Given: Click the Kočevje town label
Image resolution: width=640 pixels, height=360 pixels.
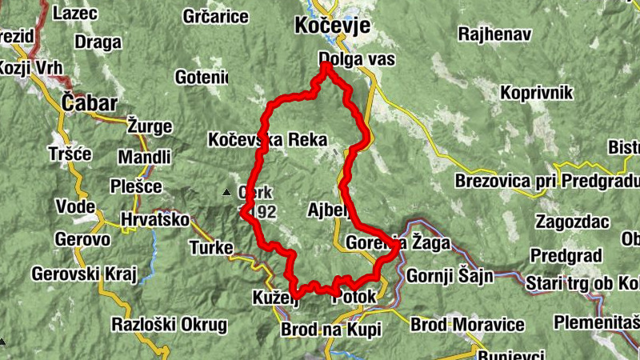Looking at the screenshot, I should click(x=332, y=26).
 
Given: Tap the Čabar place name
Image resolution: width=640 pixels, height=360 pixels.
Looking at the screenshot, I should click(x=90, y=103).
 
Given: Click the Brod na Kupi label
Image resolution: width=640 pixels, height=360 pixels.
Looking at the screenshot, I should click(x=331, y=330).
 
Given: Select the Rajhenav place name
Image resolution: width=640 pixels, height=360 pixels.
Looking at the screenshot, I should click(x=494, y=34).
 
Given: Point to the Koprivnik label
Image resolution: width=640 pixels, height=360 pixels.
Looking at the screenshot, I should click(x=536, y=94).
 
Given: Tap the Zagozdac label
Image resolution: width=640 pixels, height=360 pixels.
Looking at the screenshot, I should click(x=574, y=221).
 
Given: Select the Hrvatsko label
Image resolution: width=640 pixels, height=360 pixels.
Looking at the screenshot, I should click(x=154, y=219).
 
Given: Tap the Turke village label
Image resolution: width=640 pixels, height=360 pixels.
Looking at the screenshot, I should click(x=211, y=247).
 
